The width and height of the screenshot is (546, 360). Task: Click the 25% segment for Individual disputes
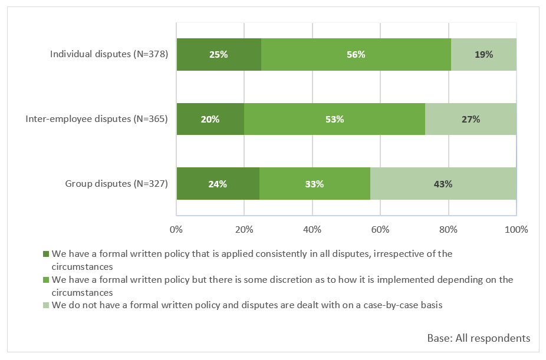[218, 55]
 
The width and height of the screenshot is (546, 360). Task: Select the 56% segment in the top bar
[356, 55]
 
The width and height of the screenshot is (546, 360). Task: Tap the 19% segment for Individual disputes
[483, 55]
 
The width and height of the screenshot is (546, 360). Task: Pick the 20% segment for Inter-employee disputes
[210, 119]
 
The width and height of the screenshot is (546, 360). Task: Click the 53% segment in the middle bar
[334, 119]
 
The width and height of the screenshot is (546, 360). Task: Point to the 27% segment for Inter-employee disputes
[471, 119]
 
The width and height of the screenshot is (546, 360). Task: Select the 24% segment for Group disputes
[218, 184]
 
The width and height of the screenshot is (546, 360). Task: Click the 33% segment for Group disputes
[314, 184]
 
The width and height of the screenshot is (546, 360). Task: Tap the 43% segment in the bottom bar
[443, 184]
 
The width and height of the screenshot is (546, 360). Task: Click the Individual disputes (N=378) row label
[109, 55]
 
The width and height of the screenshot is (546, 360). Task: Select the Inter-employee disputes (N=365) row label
[97, 119]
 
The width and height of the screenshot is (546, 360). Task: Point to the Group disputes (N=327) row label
[116, 184]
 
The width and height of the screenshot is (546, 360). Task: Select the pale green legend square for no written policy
[46, 305]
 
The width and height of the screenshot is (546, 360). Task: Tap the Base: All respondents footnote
[478, 338]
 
